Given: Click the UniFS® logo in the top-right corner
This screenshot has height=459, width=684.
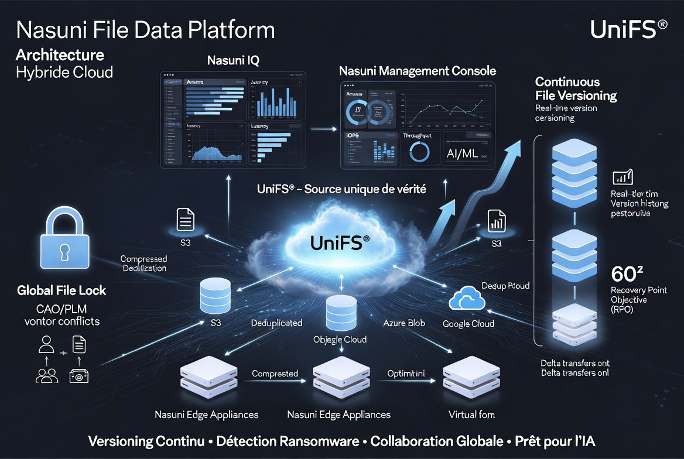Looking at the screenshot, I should point(628,29).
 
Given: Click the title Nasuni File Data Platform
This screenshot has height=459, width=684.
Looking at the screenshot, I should point(145,30).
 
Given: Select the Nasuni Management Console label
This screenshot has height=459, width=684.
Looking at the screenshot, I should point(418,71).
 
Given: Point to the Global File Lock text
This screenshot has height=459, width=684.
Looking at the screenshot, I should point(61,290).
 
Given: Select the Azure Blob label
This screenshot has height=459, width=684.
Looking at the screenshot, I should point(403,323).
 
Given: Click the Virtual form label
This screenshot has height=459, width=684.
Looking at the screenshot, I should point(471,415).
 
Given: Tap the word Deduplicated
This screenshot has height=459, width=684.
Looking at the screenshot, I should point(276,323).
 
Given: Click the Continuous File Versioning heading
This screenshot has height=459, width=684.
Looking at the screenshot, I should point(576,88).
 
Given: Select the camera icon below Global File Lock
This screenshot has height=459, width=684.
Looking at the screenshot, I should point(78,376).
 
